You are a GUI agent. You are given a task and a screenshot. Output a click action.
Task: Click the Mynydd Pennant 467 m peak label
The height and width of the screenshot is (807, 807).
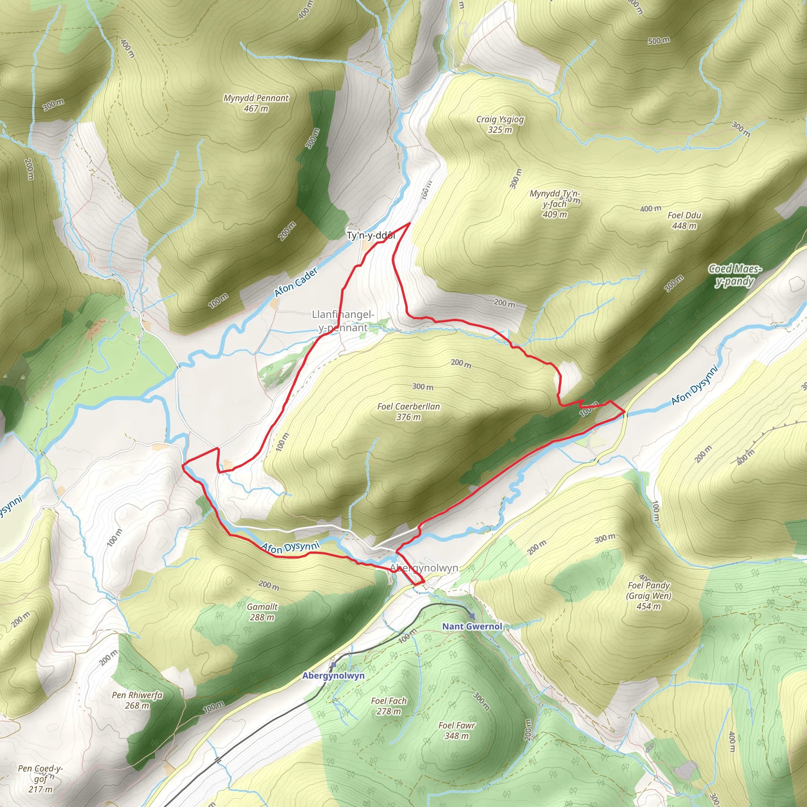point(256,103)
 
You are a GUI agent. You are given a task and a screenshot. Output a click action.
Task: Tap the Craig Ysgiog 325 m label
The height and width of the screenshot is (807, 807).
point(500,125)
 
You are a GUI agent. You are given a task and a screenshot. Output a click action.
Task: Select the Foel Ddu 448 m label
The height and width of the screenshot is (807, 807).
point(684,221)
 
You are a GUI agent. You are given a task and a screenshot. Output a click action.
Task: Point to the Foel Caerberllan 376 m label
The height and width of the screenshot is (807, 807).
point(408,411)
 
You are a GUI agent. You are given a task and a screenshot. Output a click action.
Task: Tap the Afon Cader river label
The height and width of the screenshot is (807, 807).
point(296,283)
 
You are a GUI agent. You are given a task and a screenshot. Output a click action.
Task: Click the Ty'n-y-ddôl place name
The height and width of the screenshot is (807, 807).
point(370,236)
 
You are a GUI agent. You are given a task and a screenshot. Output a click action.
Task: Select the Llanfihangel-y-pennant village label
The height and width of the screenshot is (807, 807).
point(343,321)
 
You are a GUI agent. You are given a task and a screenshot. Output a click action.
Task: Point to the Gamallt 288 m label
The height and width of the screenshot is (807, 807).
point(262,612)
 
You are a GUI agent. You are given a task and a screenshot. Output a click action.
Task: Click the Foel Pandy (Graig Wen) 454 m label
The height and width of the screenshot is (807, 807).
point(648,596)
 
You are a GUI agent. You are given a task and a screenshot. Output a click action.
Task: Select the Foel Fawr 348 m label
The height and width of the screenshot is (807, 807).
point(457,731)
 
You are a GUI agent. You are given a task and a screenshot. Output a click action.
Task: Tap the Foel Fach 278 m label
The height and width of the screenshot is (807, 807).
point(389,706)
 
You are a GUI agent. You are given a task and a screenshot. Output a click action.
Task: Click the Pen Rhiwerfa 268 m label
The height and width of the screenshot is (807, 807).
point(137,700)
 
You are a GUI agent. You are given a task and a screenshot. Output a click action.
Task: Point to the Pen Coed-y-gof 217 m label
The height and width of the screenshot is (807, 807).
point(41,779)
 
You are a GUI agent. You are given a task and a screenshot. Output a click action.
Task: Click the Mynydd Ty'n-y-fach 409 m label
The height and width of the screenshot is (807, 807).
point(555,204)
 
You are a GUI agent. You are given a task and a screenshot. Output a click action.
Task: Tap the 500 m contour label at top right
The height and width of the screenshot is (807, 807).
point(659,41)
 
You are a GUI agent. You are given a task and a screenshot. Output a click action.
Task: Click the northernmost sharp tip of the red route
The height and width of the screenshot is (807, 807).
point(409,223)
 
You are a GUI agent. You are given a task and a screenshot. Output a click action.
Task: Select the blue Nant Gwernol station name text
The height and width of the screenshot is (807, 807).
point(472,626)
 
